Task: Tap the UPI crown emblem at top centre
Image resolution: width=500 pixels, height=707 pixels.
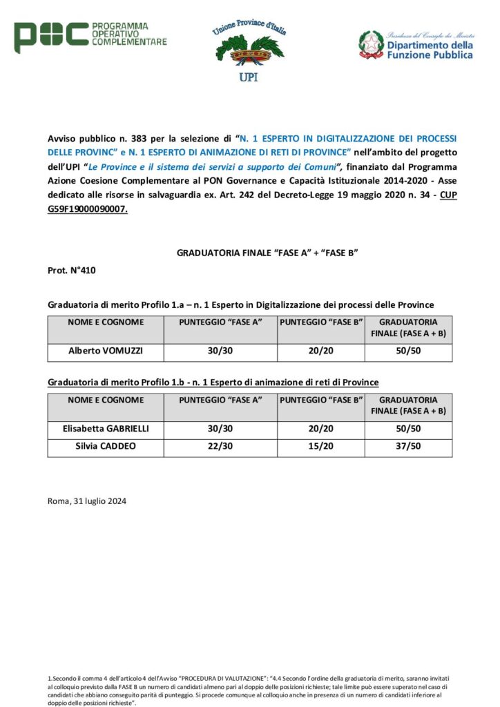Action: point(248,51)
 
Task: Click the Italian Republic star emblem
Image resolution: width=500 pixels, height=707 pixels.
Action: point(371,44)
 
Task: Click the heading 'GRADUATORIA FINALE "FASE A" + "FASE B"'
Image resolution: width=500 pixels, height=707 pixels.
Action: point(266,253)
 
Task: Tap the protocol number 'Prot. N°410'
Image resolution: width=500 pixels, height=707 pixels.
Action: point(72,271)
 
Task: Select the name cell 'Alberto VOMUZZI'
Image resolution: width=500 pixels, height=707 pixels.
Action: point(105,351)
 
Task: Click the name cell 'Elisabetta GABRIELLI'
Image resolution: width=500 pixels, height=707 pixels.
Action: point(105,429)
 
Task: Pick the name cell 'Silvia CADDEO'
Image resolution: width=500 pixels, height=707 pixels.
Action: point(105,446)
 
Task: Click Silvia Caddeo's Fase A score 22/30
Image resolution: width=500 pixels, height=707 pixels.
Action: point(220,446)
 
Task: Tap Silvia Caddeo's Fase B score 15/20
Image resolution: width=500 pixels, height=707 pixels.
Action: point(320,446)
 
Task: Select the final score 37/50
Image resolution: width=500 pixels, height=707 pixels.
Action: point(408,446)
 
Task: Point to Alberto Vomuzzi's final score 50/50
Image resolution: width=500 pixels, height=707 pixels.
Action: point(408,351)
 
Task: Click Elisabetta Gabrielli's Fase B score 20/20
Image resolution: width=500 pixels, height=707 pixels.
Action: point(320,429)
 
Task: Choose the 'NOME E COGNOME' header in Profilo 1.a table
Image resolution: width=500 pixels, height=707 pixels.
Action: point(105,322)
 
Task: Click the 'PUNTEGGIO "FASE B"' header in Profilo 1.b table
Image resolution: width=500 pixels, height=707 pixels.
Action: point(320,400)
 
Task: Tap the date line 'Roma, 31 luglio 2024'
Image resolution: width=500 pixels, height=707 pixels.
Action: point(87,501)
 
